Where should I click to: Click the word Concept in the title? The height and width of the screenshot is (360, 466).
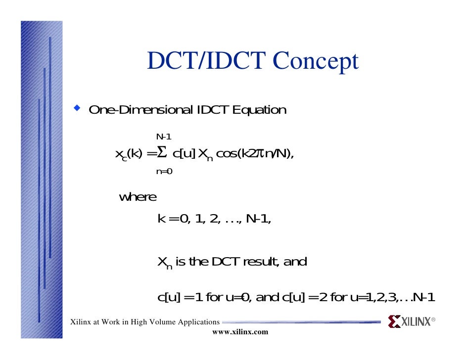point(315,62)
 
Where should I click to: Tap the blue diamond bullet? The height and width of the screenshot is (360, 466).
point(77,107)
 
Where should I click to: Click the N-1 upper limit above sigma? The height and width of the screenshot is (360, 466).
point(164,136)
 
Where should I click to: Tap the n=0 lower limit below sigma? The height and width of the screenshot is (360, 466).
point(164,172)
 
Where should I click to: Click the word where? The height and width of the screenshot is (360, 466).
point(138,197)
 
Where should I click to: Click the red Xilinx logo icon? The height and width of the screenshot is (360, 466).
point(394,322)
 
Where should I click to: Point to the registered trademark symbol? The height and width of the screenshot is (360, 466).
point(433,320)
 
